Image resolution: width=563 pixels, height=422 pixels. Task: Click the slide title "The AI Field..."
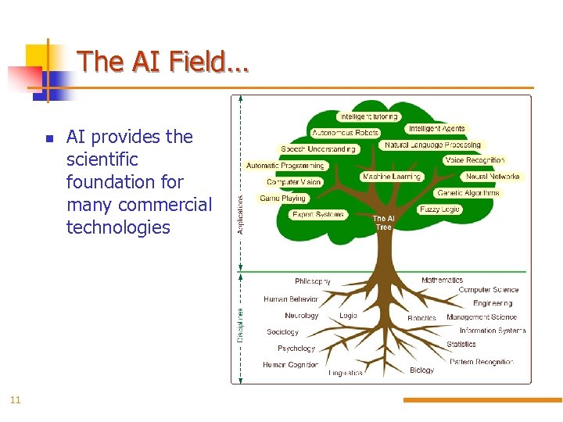click(x=163, y=61)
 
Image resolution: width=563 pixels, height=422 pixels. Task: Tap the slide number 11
click(x=15, y=400)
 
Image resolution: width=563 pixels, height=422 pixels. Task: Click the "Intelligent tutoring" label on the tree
click(x=368, y=117)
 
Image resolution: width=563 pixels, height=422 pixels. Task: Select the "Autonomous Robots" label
click(x=345, y=133)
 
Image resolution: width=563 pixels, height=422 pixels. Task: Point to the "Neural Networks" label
click(x=493, y=177)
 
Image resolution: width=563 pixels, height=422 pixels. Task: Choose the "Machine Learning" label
click(x=391, y=177)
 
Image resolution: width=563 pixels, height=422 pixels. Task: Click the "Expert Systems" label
click(x=317, y=214)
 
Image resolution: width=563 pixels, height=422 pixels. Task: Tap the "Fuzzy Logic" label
click(x=440, y=209)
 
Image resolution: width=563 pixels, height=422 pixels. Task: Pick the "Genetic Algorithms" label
click(x=468, y=193)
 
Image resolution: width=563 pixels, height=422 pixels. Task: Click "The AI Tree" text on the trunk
click(x=383, y=223)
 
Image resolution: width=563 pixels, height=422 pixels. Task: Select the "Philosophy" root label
click(x=313, y=281)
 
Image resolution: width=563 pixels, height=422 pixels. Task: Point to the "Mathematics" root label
click(x=442, y=280)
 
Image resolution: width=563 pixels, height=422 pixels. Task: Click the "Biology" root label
click(x=421, y=370)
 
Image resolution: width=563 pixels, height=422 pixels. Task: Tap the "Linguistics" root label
click(x=346, y=373)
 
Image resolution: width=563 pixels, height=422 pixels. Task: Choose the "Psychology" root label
click(x=296, y=349)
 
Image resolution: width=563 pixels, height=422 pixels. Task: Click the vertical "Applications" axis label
click(x=240, y=214)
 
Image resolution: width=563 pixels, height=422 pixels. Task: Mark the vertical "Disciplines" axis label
click(x=240, y=324)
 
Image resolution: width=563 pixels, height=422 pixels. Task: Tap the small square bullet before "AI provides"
click(x=48, y=138)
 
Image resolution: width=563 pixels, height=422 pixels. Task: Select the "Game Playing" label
click(x=282, y=198)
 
